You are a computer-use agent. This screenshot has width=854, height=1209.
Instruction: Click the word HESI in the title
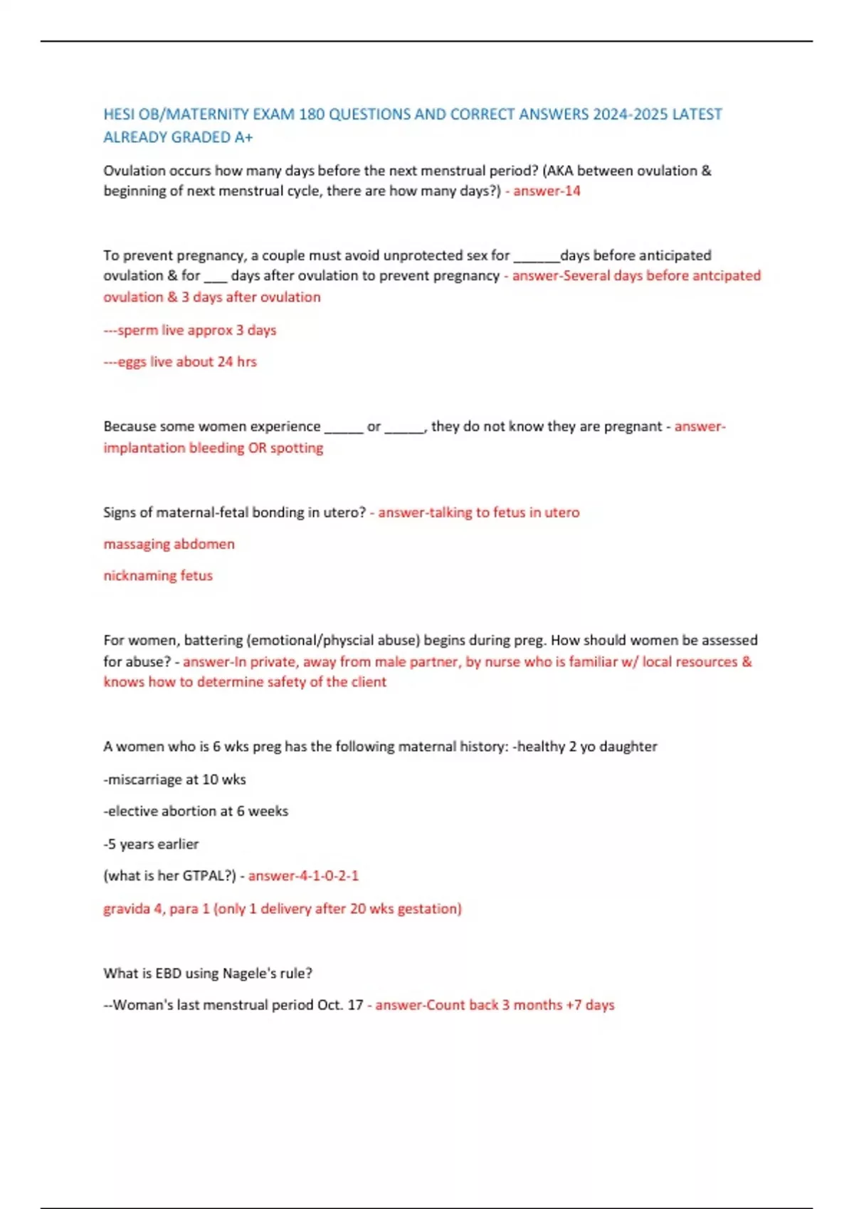[119, 114]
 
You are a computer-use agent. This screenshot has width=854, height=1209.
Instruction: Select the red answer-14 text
[547, 191]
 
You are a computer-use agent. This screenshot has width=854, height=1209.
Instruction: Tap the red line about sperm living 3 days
[190, 331]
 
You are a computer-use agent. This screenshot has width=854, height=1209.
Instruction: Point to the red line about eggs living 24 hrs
[180, 362]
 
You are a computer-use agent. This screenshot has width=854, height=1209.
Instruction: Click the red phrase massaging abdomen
[169, 544]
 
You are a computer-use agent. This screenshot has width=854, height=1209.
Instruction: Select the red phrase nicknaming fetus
[158, 575]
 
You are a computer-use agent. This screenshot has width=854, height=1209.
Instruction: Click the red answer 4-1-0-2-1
[303, 876]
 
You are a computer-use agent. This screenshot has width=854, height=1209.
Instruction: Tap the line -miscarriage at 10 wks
[174, 779]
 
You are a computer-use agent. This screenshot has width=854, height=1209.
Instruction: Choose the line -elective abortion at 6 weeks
[196, 811]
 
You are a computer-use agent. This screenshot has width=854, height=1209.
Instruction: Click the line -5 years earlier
[151, 844]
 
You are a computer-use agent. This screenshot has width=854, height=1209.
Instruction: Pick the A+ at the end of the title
[243, 137]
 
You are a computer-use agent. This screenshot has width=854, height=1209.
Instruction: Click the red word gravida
[127, 909]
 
